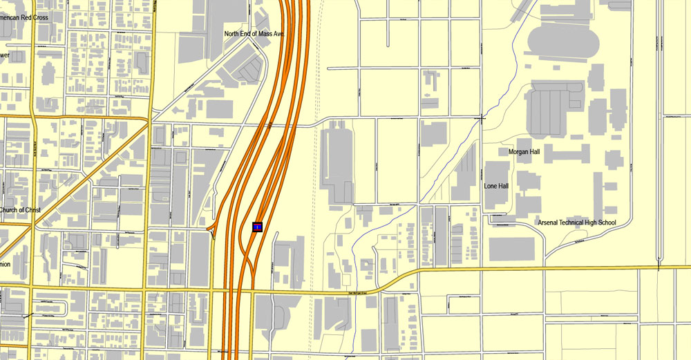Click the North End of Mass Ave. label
(255, 33)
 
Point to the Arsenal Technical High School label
(577, 222)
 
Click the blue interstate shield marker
(257, 227)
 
